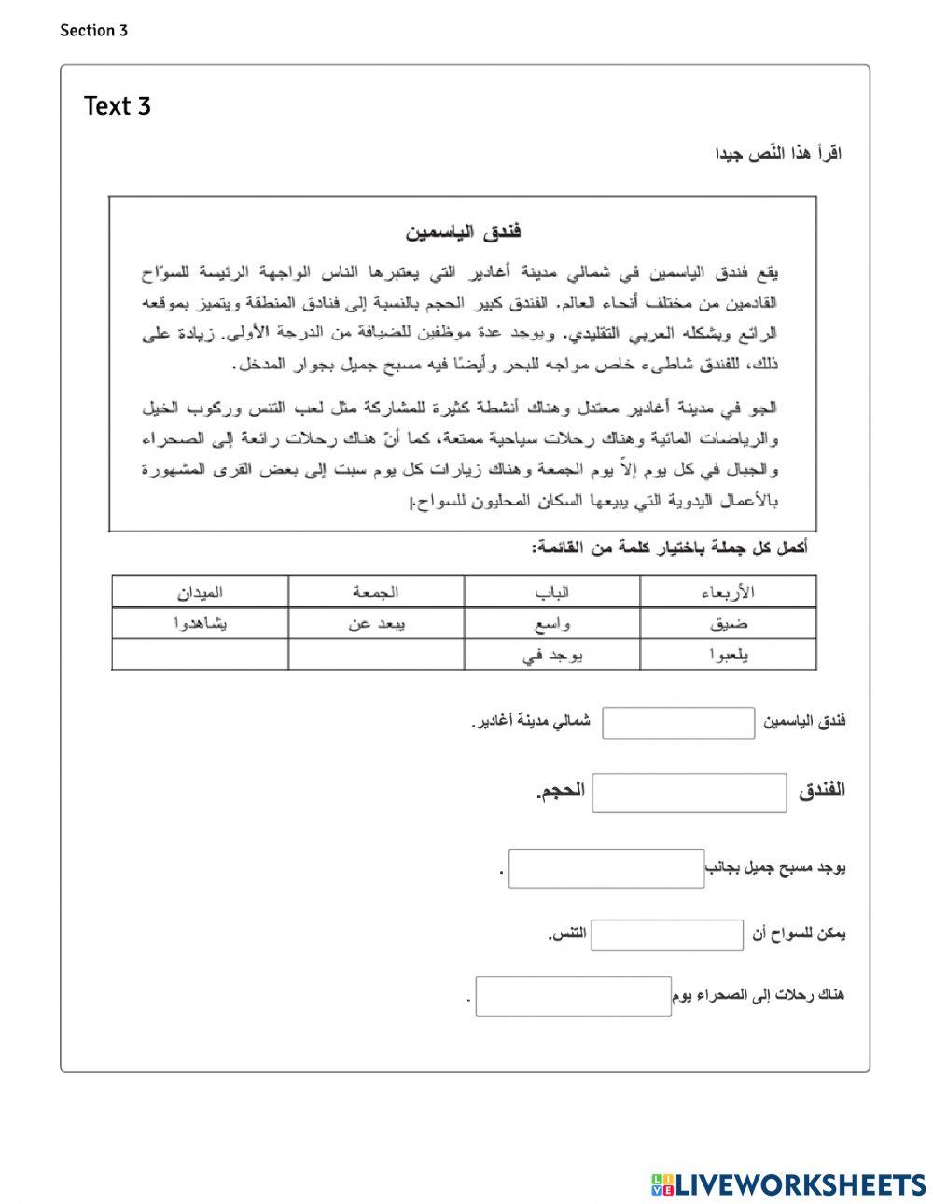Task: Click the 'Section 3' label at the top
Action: click(93, 31)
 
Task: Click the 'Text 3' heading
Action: click(117, 106)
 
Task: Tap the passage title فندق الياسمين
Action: click(463, 231)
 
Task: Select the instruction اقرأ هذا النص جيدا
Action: click(778, 153)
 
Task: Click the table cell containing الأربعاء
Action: click(728, 592)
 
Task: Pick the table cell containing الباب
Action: click(552, 592)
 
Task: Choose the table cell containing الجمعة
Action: click(376, 592)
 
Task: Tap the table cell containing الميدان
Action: click(200, 592)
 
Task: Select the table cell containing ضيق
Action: click(728, 624)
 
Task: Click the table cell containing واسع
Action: click(552, 624)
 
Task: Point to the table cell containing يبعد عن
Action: click(376, 624)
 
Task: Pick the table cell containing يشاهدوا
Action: click(200, 624)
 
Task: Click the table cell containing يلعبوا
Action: click(728, 655)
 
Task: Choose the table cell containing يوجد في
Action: click(552, 655)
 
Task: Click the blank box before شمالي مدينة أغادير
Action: click(678, 723)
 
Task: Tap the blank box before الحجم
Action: click(689, 793)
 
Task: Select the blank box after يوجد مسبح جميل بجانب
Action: click(606, 868)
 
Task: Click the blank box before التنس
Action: click(667, 934)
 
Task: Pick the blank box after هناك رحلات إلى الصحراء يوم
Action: click(573, 996)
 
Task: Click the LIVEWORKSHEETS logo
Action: click(789, 1184)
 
